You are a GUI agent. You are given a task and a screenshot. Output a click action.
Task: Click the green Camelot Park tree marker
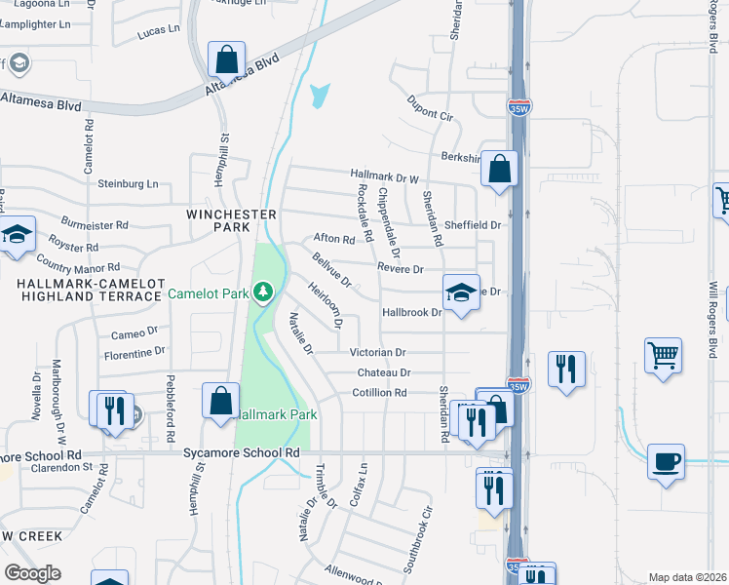[262, 292]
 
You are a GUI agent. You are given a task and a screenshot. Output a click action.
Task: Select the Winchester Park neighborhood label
[225, 219]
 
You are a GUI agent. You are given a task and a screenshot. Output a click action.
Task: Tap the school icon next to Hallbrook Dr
[461, 292]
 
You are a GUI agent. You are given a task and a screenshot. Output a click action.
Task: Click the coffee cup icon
[666, 461]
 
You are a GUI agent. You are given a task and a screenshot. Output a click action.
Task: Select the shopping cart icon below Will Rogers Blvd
[663, 355]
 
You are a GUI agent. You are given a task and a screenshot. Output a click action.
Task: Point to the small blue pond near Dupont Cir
[318, 97]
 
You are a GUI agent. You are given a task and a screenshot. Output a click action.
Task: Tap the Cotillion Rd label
[379, 393]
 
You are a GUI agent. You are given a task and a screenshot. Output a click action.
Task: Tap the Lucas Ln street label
[160, 32]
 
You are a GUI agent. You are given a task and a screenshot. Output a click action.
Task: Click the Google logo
[32, 572]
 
